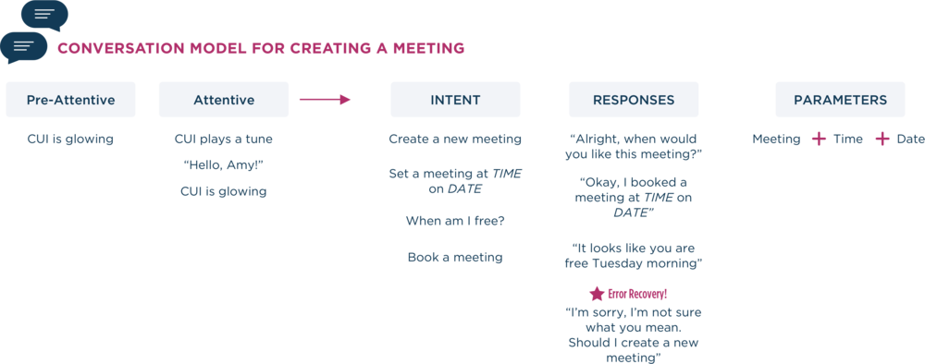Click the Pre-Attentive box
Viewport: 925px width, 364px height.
[x=70, y=100]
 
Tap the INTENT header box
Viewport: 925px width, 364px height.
[x=454, y=100]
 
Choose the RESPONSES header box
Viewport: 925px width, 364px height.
[x=634, y=100]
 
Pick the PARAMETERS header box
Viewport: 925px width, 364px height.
[x=840, y=100]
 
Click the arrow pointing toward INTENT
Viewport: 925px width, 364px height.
[x=325, y=99]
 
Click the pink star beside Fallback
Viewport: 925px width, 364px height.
[x=597, y=295]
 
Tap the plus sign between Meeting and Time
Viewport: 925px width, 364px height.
[x=818, y=140]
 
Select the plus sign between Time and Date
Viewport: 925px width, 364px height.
[x=882, y=140]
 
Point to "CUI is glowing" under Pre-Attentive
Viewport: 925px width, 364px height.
[x=70, y=140]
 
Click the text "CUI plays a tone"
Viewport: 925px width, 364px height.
[x=223, y=140]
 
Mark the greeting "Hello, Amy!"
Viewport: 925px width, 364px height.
[x=223, y=165]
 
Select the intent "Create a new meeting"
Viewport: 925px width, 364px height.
[x=454, y=140]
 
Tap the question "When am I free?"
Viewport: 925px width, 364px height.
[x=454, y=221]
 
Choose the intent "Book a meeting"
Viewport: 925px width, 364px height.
[x=454, y=258]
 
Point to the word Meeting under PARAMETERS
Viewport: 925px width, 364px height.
[x=776, y=140]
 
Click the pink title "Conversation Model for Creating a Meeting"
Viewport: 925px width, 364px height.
[x=260, y=48]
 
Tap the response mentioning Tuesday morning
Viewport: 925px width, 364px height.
[x=634, y=255]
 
